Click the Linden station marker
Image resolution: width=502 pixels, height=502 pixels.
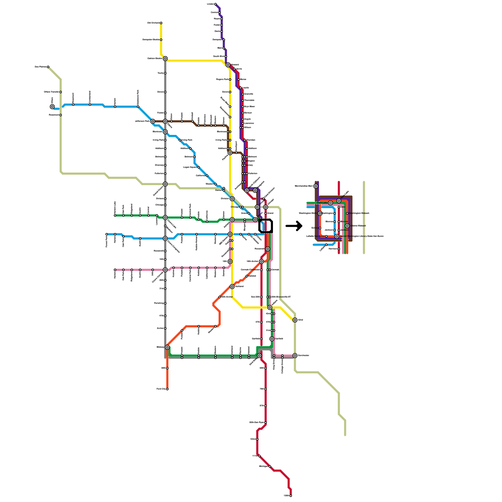215,4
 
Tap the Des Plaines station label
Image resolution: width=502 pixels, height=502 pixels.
40,67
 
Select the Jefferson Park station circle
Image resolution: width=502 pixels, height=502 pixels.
152,121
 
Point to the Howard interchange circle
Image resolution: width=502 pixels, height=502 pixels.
228,65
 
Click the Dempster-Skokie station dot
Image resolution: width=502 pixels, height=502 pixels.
161,40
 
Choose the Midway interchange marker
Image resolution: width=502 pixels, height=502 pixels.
167,347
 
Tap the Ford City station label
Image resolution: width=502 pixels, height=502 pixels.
161,389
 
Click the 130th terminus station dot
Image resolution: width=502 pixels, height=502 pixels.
291,496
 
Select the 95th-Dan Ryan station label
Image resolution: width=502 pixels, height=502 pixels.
257,423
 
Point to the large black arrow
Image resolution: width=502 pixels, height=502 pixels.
294,226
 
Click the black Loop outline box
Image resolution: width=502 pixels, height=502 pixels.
265,226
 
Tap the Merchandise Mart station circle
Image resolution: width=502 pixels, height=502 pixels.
316,186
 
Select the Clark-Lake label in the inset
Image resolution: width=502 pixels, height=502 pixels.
322,203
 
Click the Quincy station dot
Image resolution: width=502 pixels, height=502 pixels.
320,228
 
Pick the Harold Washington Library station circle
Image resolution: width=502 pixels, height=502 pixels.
337,236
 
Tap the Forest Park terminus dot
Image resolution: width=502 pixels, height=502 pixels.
107,234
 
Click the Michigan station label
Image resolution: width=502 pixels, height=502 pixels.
264,467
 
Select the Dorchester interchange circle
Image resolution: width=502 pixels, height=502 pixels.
295,355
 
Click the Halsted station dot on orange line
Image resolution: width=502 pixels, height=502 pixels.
247,276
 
